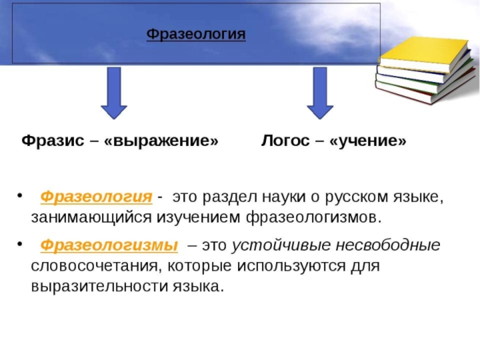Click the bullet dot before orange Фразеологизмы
(19, 245)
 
